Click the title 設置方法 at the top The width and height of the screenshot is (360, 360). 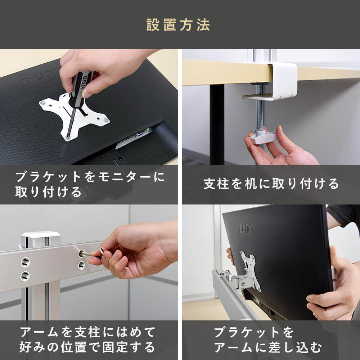pyautogui.click(x=178, y=25)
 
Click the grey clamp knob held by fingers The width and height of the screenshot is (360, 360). pyautogui.click(x=262, y=136)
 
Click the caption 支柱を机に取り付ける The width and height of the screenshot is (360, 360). pyautogui.click(x=271, y=184)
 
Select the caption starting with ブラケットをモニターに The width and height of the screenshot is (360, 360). pyautogui.click(x=90, y=184)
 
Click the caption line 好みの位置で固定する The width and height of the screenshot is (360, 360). pyautogui.click(x=87, y=347)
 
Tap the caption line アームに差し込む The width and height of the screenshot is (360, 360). pyautogui.click(x=268, y=347)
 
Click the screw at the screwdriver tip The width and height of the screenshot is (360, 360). pyautogui.click(x=68, y=138)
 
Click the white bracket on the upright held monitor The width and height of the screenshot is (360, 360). pyautogui.click(x=250, y=271)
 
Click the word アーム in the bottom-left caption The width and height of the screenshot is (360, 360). pyautogui.click(x=39, y=332)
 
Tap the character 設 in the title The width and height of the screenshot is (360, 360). pyautogui.click(x=153, y=25)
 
